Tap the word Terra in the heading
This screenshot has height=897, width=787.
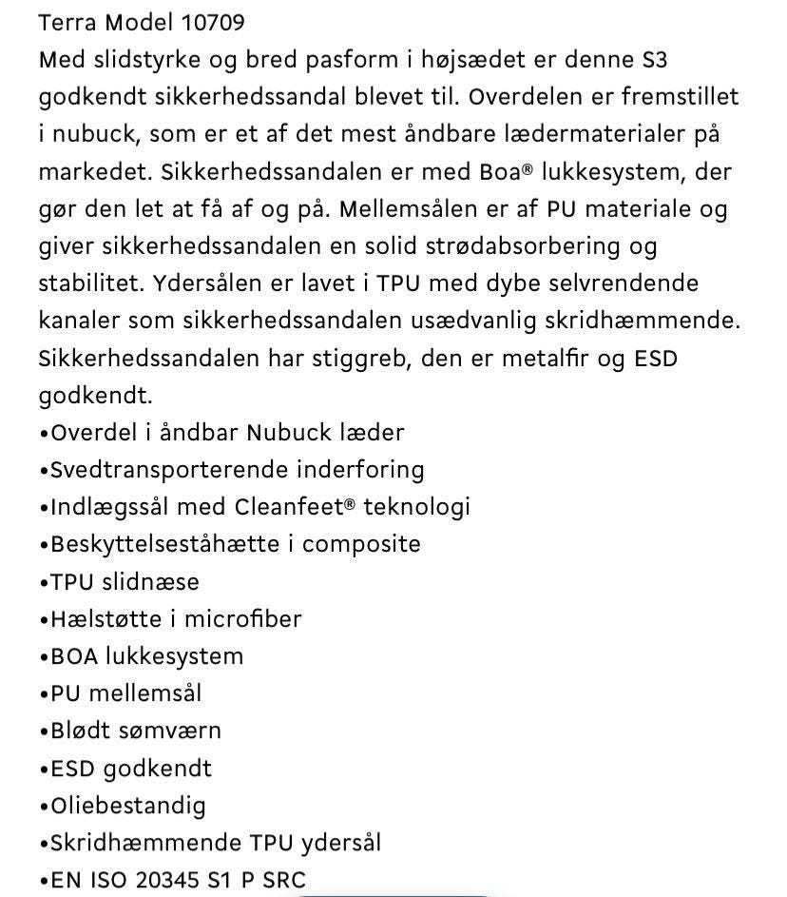tap(67, 22)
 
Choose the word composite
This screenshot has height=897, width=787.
tap(361, 544)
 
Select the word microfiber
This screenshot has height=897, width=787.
tap(242, 619)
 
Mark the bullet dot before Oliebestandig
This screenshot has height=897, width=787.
tap(44, 807)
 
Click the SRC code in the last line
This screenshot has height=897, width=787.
tap(286, 881)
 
